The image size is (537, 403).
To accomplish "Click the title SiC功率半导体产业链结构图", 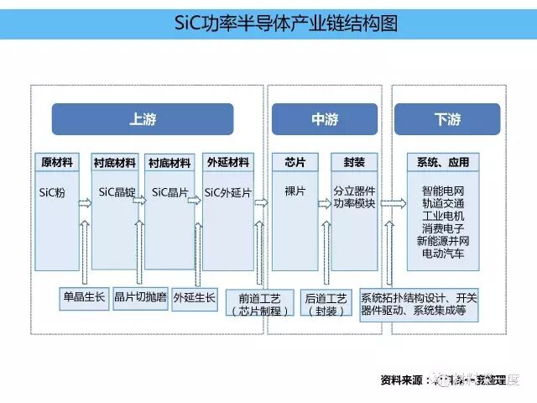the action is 268,22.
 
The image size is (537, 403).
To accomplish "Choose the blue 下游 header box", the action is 447,119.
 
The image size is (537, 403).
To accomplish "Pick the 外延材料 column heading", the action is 227,162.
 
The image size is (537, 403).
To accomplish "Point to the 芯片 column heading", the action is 294,162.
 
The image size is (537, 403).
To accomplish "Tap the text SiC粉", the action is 52,192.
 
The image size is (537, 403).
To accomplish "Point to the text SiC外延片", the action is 227,192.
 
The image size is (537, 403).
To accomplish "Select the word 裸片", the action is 294,191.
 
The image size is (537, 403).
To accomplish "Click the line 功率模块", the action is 354,203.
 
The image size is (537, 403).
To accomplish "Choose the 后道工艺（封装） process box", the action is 326,304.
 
